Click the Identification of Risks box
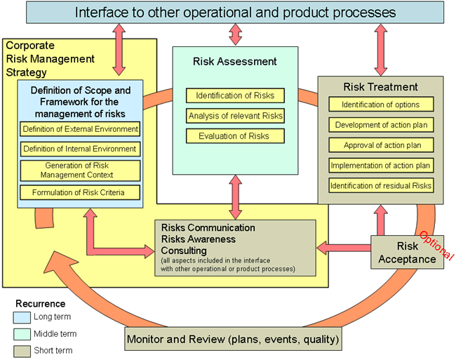[x=235, y=95]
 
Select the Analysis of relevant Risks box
[x=235, y=116]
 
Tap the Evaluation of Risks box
[x=235, y=136]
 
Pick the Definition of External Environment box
[x=80, y=129]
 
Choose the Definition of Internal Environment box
[x=80, y=149]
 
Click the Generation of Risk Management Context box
[x=80, y=170]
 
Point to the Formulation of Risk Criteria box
[x=80, y=192]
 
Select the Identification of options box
[x=381, y=105]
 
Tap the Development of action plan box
[x=381, y=125]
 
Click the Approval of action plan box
[x=381, y=145]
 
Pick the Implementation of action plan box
[x=381, y=166]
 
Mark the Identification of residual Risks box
[x=381, y=186]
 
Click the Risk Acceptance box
[x=408, y=253]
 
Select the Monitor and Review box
[x=234, y=340]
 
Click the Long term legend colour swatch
[x=22, y=317]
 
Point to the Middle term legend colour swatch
[x=22, y=334]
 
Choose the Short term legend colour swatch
[x=22, y=350]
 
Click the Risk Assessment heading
[x=234, y=62]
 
